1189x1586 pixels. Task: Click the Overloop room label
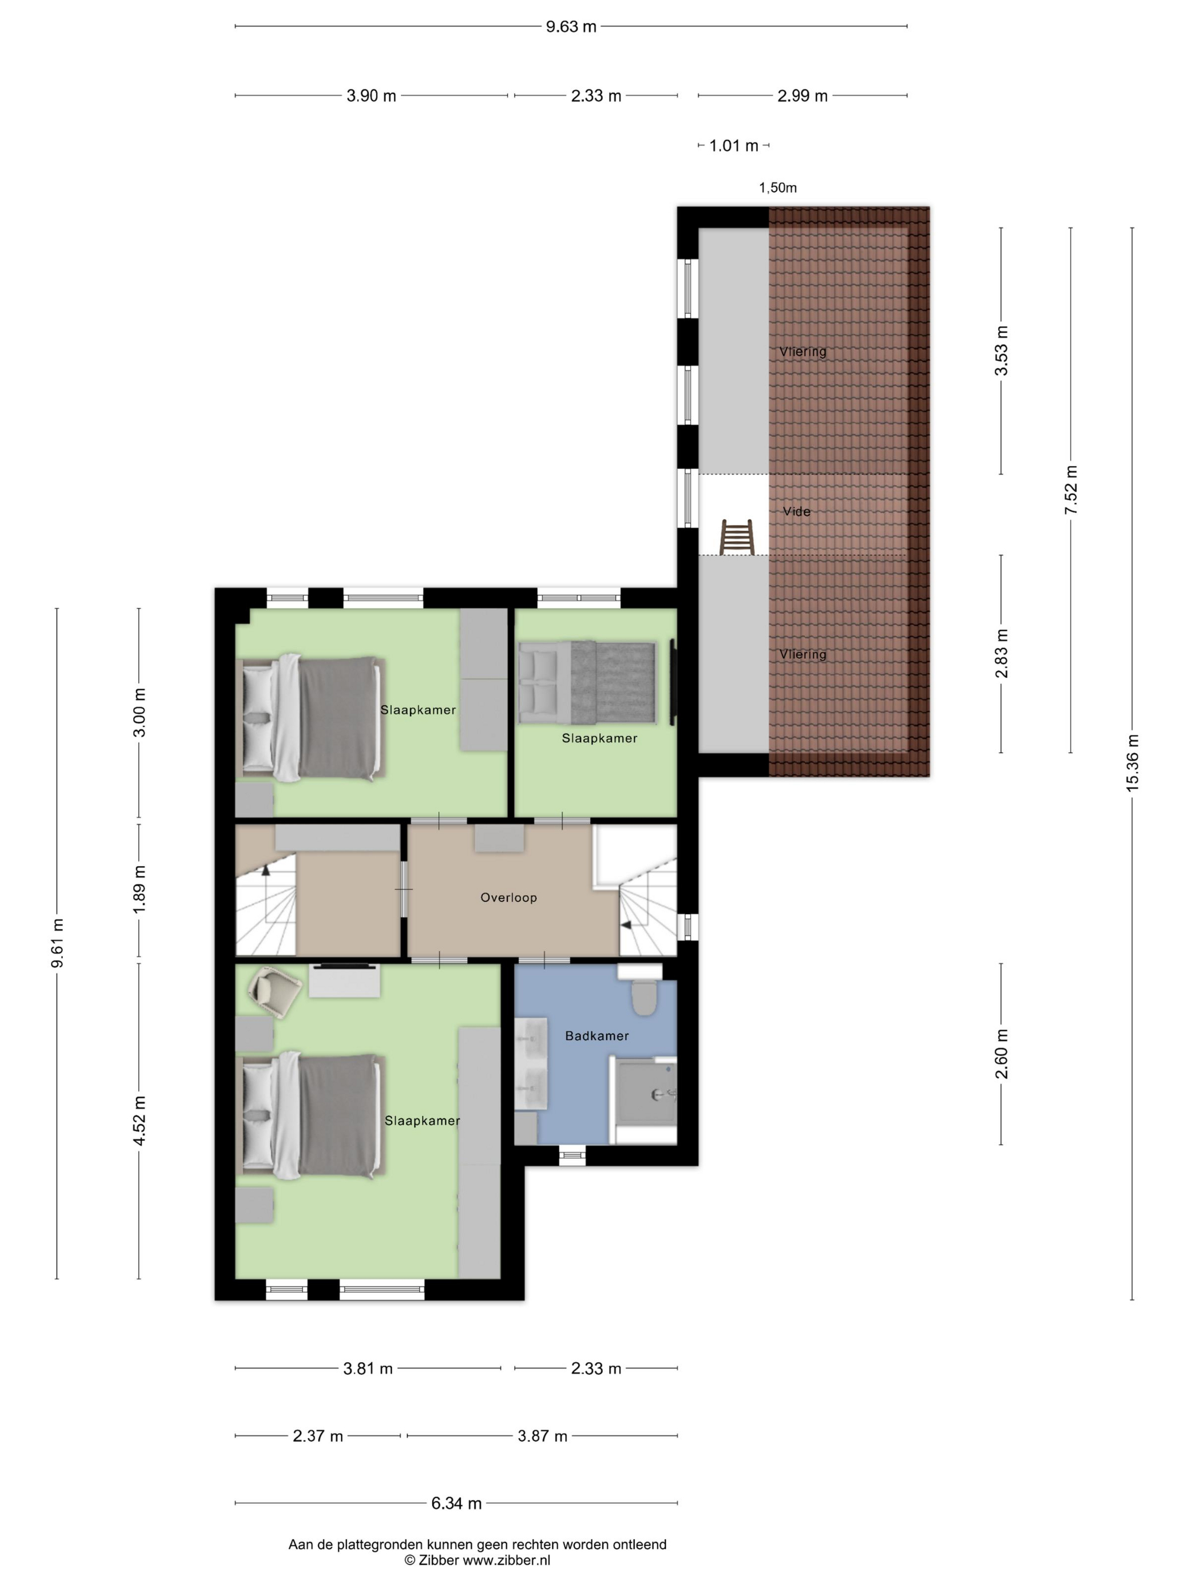pyautogui.click(x=508, y=897)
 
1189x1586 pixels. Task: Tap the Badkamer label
pyautogui.click(x=596, y=1035)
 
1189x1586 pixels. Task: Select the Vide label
pyautogui.click(x=796, y=511)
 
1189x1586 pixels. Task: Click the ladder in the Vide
pyautogui.click(x=737, y=537)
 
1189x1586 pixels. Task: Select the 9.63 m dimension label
pyautogui.click(x=571, y=27)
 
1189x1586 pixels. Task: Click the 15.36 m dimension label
pyautogui.click(x=1132, y=763)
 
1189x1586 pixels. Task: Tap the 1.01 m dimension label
pyautogui.click(x=733, y=146)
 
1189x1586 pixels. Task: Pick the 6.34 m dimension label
pyautogui.click(x=456, y=1503)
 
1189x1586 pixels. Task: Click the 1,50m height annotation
pyautogui.click(x=777, y=188)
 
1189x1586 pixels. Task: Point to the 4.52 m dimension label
pyautogui.click(x=140, y=1120)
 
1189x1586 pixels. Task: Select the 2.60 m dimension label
pyautogui.click(x=1001, y=1053)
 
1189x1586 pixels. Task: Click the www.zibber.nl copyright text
pyautogui.click(x=506, y=1559)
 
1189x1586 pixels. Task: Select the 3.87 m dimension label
pyautogui.click(x=542, y=1435)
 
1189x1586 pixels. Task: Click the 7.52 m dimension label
pyautogui.click(x=1071, y=490)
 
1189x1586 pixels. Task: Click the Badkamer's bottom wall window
pyautogui.click(x=571, y=1154)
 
